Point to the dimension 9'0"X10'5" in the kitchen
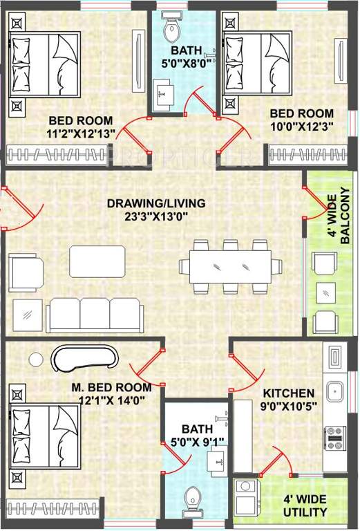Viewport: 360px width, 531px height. (x=289, y=405)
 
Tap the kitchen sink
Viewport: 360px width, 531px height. (x=335, y=392)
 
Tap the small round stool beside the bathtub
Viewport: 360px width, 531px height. (x=37, y=359)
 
